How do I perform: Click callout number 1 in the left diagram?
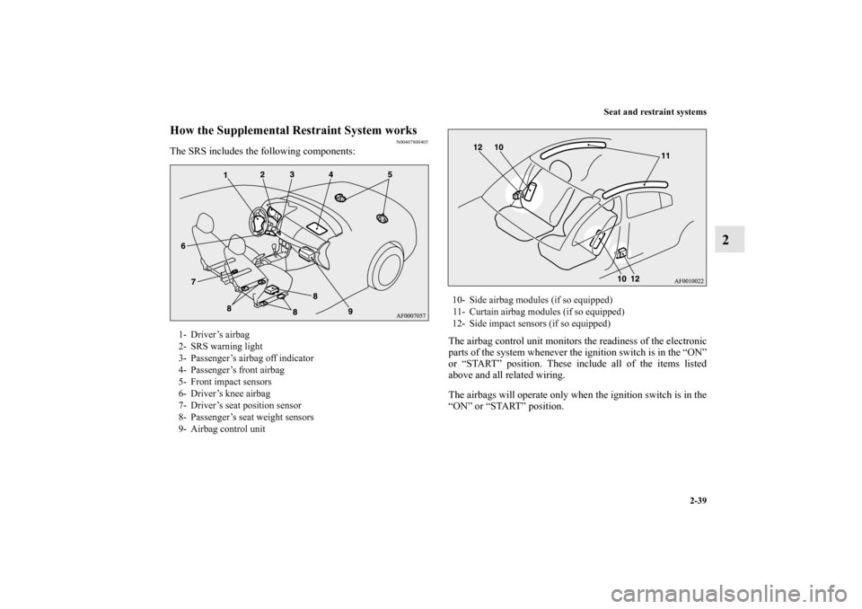pyautogui.click(x=226, y=173)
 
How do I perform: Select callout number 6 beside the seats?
pyautogui.click(x=182, y=244)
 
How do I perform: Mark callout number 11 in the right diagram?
pyautogui.click(x=665, y=156)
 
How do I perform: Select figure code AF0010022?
pyautogui.click(x=688, y=282)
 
